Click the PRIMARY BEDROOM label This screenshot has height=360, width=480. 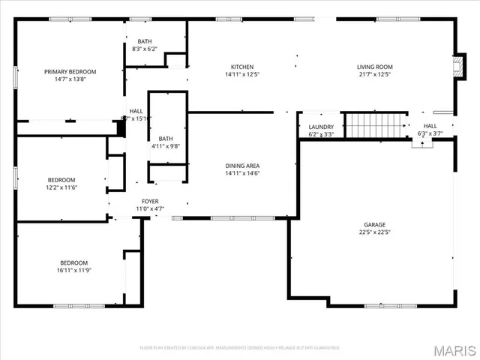(70, 71)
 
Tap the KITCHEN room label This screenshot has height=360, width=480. (241, 67)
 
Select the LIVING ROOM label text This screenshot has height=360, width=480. (374, 67)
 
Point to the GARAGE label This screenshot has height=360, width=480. (374, 224)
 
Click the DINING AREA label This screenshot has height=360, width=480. (241, 166)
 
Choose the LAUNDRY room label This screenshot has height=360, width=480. (321, 127)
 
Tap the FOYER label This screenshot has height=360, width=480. (150, 201)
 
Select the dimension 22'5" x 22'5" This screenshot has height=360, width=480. (374, 232)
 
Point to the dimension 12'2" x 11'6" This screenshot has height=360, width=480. (61, 187)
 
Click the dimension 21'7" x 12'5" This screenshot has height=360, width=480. (374, 74)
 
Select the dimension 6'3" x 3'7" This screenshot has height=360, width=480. (430, 133)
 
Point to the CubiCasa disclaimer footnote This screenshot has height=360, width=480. (239, 348)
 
